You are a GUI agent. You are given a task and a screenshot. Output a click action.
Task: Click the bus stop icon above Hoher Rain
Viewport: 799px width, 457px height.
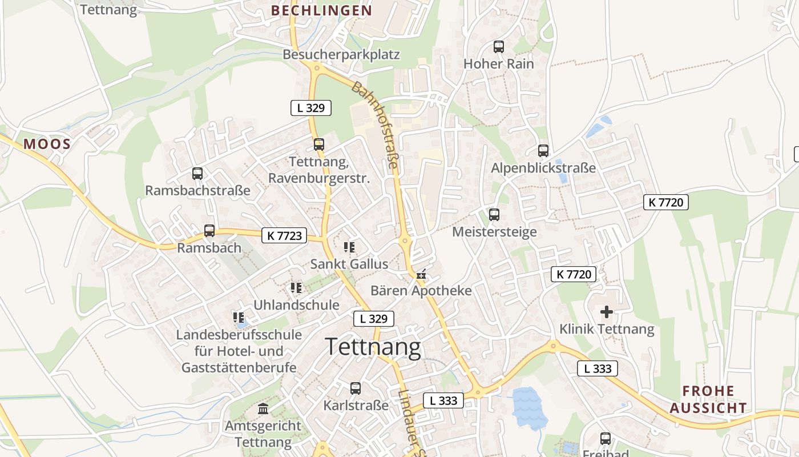point(499,47)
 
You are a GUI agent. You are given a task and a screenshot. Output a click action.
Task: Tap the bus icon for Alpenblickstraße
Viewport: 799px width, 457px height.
point(543,151)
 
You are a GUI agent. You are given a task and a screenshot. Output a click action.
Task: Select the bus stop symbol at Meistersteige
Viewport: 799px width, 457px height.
point(494,215)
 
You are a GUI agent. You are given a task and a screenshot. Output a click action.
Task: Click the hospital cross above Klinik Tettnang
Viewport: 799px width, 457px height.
point(607,312)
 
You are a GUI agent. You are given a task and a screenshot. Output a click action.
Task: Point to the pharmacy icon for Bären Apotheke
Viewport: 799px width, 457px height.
point(421,275)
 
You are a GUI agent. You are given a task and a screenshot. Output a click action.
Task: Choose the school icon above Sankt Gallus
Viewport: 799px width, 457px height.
point(349,247)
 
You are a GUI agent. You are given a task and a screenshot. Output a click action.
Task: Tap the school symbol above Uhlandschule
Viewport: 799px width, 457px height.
point(296,288)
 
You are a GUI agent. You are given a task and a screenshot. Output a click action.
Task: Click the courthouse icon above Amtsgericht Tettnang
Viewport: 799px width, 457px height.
point(263,409)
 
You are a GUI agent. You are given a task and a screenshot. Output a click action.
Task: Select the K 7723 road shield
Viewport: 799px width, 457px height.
point(284,235)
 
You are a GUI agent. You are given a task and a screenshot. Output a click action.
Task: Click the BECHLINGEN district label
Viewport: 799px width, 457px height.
point(321,10)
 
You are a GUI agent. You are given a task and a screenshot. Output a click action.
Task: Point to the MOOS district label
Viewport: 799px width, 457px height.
point(47,144)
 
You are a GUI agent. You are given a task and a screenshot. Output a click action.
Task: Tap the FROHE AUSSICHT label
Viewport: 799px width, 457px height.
point(708,399)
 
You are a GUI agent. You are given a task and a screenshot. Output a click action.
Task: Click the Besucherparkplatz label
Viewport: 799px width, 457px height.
point(341,55)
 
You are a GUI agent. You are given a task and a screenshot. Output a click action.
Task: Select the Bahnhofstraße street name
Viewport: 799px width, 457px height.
point(375,125)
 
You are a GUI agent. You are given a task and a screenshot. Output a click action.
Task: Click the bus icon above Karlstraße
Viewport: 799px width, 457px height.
point(356,388)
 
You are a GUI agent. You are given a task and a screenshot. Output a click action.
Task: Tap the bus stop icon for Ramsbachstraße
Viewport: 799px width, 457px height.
point(197,173)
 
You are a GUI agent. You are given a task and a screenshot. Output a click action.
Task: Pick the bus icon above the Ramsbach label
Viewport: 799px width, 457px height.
point(209,231)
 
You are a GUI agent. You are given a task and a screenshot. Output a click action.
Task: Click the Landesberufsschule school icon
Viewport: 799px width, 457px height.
point(239,317)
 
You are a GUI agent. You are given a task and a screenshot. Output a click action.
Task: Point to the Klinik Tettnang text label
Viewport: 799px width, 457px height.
point(607,329)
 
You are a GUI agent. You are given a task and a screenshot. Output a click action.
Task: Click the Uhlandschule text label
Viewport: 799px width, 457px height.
point(296,305)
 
